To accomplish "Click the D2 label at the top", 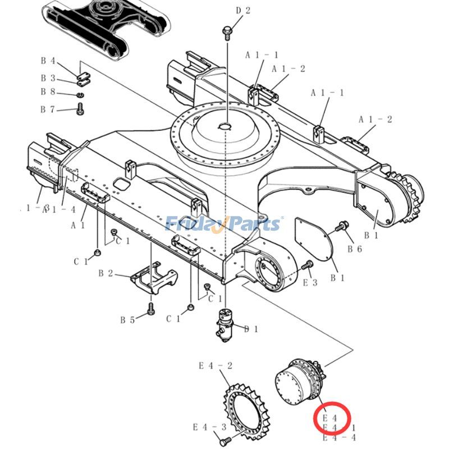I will pos(243,10).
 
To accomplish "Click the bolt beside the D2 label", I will pos(227,32).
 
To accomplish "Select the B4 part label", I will pos(48,61).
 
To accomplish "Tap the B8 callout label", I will pos(48,92).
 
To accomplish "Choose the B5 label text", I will pos(127,320).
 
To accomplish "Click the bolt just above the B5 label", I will pos(151,308).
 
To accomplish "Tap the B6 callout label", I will pos(355,249).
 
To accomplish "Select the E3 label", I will pos(310,283).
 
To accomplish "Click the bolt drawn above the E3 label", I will pos(307,265).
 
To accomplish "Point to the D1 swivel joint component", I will pos(227,324).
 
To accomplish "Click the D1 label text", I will pos(251,329).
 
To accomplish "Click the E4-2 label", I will pos(216,366).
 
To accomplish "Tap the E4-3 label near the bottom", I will pos(209,427).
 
